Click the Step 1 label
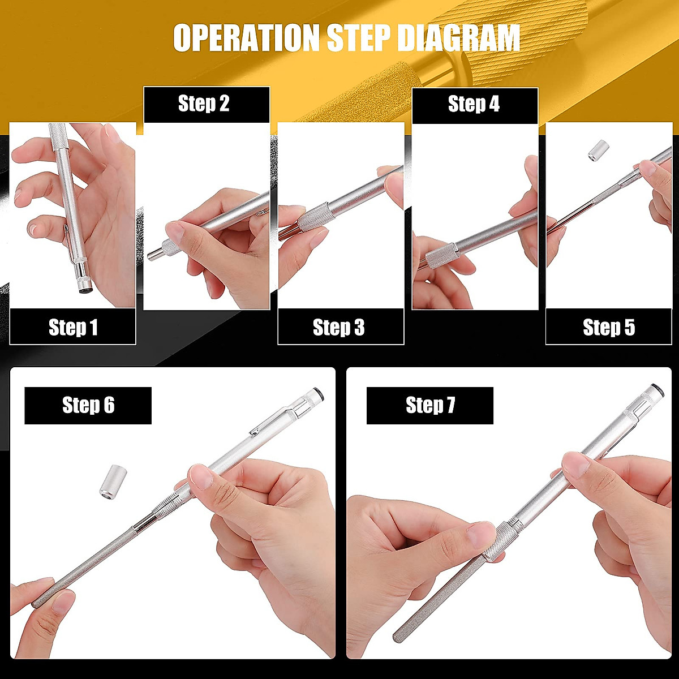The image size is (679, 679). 73,327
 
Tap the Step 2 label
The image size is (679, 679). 204,104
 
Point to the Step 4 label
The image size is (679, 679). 474,104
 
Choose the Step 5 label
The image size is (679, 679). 609,327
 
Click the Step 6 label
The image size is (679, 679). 88,405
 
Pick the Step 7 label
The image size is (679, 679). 430,405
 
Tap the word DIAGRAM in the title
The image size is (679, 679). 458,38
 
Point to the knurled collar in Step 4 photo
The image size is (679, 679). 441,255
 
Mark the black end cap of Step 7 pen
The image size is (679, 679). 657,390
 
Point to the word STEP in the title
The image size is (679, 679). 359,38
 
